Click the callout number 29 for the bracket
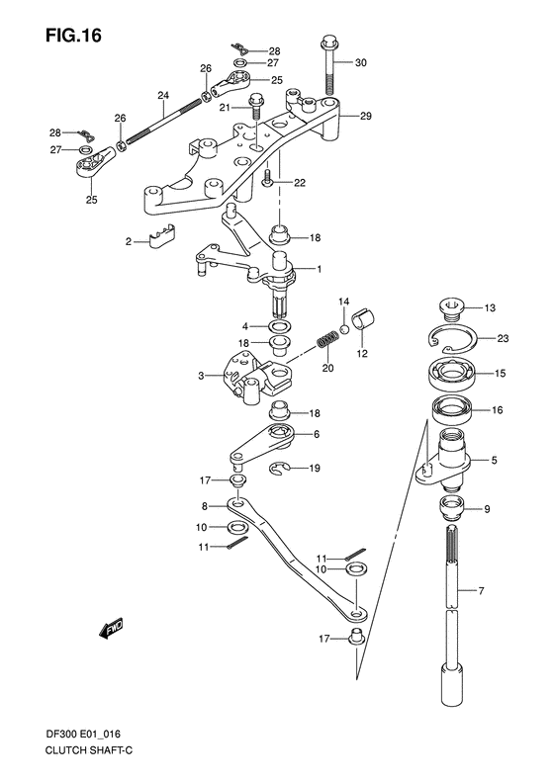365,117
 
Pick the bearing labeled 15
456,375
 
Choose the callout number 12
362,354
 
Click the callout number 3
200,376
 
